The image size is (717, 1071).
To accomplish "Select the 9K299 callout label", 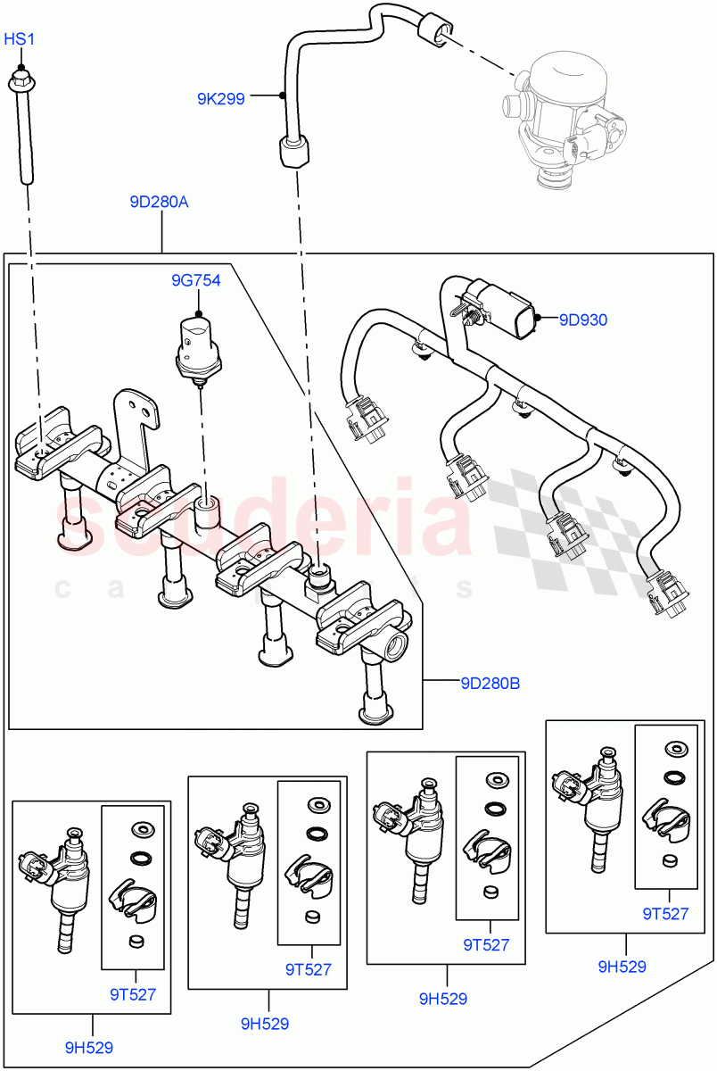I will tap(220, 99).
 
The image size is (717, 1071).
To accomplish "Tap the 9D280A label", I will tap(159, 202).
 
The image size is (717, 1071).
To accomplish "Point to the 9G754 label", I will tap(196, 280).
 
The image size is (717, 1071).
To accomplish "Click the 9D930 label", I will tap(583, 319).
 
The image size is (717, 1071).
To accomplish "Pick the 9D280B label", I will tap(490, 684).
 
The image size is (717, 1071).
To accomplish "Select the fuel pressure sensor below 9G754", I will tap(197, 349).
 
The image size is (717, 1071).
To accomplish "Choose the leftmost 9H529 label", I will tap(89, 1047).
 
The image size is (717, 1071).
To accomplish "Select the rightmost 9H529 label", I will tap(622, 966).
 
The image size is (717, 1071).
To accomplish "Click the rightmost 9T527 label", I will tap(665, 913).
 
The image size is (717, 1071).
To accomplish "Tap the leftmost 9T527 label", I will tap(134, 994).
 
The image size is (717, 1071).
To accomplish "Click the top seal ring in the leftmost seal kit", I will tap(139, 831).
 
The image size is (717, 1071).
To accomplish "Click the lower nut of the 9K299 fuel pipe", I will tap(293, 152).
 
